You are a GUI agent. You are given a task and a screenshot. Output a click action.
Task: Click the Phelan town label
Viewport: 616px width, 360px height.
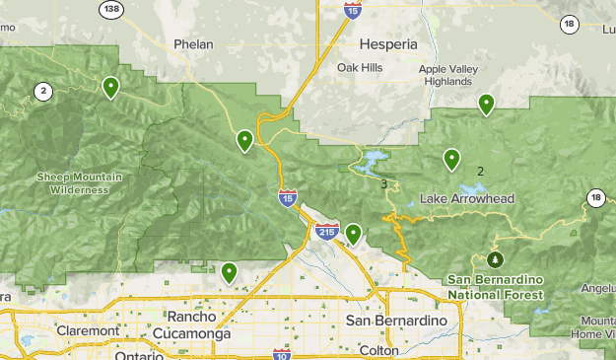coord(193,44)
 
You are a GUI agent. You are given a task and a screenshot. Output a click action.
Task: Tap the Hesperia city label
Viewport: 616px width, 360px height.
coord(388,44)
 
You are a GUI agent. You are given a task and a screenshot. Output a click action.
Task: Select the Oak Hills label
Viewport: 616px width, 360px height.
coord(359,67)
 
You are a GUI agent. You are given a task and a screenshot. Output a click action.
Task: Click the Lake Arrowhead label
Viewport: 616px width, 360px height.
coord(467,199)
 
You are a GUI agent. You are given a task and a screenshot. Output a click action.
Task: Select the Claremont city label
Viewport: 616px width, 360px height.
coord(88,331)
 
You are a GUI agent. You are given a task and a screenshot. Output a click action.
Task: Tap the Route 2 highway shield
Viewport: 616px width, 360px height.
coord(42,92)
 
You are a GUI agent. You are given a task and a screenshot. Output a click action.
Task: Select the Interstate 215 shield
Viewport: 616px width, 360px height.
coord(328,232)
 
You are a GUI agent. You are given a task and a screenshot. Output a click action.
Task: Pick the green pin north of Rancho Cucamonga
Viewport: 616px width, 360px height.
coord(230,272)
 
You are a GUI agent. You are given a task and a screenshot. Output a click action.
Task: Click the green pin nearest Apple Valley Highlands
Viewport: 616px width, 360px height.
coord(486,104)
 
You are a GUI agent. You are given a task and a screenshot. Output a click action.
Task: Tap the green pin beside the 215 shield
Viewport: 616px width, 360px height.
coord(353,234)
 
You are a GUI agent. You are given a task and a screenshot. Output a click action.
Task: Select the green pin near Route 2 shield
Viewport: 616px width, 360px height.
coord(111,87)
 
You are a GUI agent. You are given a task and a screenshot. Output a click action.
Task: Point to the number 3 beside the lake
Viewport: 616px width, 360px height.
coord(383,183)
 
